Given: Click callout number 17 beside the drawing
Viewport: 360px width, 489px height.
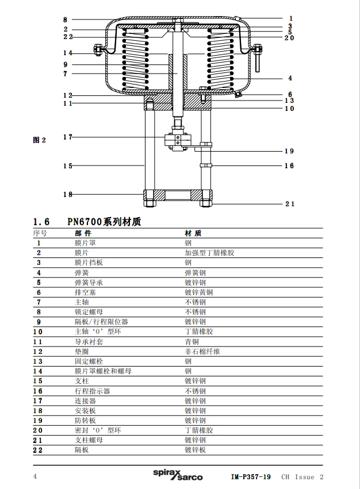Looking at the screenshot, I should (68, 137).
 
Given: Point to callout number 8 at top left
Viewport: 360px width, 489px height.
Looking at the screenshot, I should (65, 20).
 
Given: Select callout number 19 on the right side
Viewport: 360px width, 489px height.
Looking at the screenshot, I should (289, 152).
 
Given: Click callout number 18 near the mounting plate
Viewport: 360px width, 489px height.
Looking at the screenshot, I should (68, 194).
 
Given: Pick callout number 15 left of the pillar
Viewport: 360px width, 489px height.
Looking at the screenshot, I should (68, 166).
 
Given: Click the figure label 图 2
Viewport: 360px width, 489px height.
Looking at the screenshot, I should (39, 140).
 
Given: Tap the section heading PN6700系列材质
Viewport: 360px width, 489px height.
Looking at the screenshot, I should (104, 222).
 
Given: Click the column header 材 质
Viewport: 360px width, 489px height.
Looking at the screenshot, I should (193, 233).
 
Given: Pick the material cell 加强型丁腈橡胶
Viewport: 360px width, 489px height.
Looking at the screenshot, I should (209, 253).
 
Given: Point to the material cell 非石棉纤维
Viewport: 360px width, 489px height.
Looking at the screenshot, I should (202, 352).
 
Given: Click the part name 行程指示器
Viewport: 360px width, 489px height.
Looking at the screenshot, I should (92, 391).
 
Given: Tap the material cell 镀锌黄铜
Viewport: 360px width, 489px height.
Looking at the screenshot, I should (198, 292).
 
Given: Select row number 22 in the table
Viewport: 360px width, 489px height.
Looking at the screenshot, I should (39, 450).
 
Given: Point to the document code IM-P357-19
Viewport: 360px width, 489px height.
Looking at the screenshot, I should (251, 477).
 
